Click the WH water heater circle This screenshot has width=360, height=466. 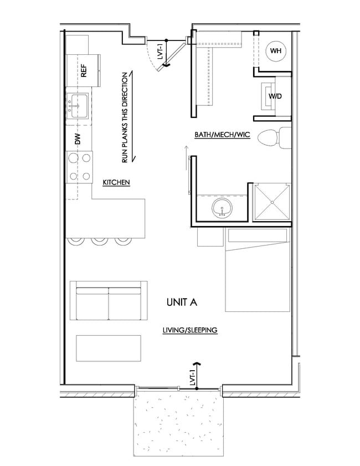coord(276,51)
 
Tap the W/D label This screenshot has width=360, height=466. coord(275,96)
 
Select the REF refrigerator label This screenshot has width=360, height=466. coord(84,71)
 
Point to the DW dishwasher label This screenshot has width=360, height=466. coord(78,139)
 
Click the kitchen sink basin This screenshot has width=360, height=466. coord(77,106)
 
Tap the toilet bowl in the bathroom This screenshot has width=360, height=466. coord(268,138)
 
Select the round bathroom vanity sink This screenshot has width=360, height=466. coord(222,208)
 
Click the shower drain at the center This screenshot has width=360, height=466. coord(272,202)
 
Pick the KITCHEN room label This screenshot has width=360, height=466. coord(116,182)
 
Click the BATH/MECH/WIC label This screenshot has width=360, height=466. coord(222,135)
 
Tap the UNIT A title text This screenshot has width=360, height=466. coord(182,302)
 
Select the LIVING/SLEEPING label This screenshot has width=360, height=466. coord(190,330)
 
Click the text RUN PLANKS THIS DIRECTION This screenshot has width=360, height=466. coord(125,117)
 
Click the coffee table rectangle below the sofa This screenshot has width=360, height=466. coord(109,349)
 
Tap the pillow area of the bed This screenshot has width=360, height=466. coord(258,235)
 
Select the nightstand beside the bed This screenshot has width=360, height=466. coord(210,237)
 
